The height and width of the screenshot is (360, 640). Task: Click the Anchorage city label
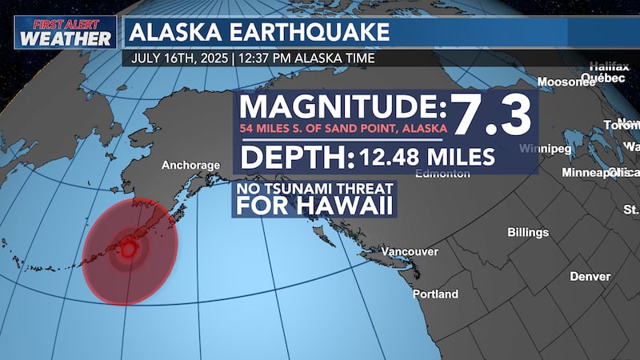190,166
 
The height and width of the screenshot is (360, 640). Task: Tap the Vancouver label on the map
409,252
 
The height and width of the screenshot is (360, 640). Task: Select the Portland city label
435,294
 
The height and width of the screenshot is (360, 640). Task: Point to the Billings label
528,233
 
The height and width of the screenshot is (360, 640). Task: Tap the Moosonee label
564,82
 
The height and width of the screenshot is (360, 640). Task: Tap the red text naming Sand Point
342,130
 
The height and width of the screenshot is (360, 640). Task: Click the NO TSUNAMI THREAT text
313,190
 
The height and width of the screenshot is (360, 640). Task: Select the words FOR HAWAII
313,206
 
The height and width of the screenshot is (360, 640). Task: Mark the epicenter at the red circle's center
128,250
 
